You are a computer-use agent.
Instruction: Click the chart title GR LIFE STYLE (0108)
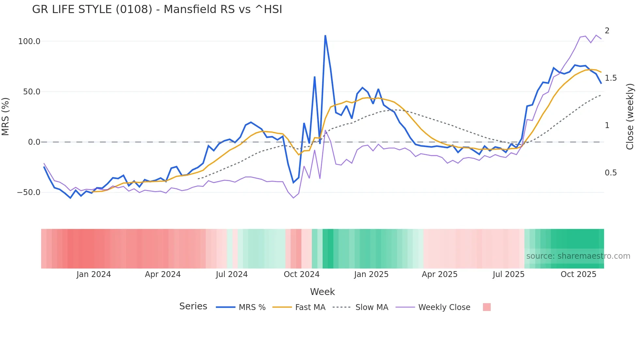[157, 9]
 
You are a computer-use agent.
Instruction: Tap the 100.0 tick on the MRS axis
[29, 41]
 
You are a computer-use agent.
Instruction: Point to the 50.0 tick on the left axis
[32, 92]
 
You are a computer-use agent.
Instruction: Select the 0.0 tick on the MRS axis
[34, 142]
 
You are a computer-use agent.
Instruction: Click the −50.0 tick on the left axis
[29, 192]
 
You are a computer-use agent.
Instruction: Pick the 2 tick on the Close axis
[607, 31]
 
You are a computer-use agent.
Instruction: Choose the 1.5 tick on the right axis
[611, 78]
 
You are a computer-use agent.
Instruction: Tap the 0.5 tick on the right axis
[611, 173]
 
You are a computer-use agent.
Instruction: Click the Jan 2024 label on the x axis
[94, 274]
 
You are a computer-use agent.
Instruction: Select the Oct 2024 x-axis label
[301, 274]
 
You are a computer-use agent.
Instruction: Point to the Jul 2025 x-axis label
[508, 274]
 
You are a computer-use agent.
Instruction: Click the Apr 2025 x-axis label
[440, 274]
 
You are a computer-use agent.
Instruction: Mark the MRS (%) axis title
[6, 117]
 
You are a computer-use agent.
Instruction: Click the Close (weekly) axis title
[630, 117]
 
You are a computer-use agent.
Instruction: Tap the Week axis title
[322, 292]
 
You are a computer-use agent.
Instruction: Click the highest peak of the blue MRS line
[325, 36]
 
